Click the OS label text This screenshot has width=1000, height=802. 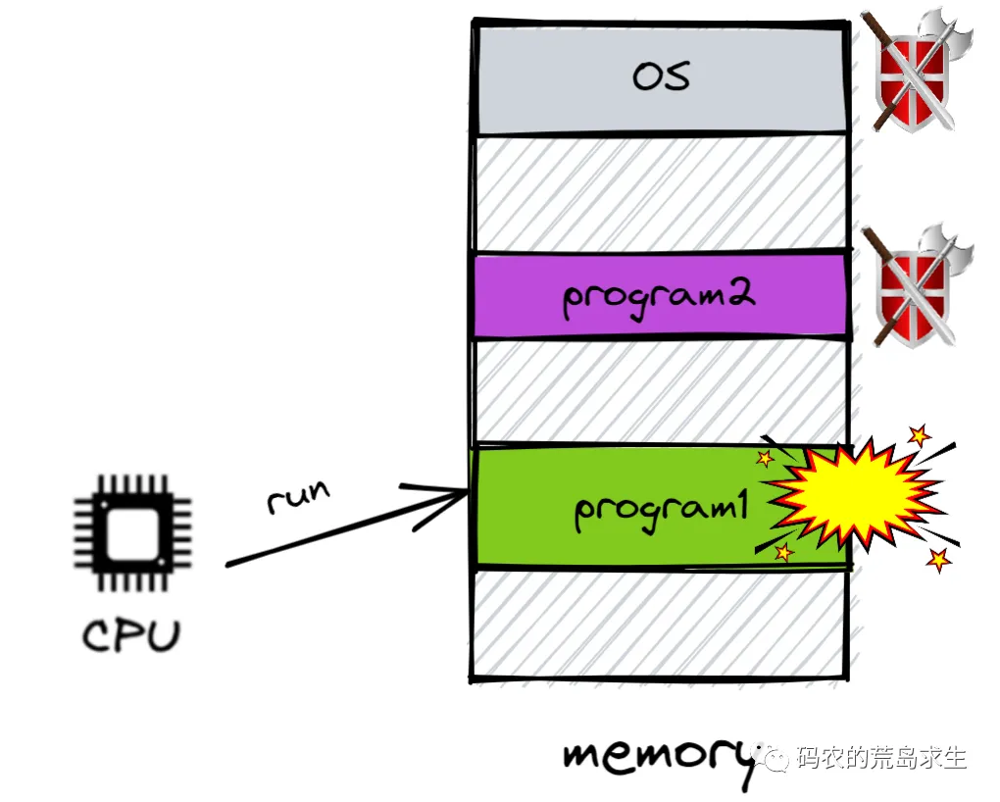click(660, 76)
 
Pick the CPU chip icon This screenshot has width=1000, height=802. click(133, 533)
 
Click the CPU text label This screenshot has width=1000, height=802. click(130, 635)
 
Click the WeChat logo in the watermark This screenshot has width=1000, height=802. click(774, 758)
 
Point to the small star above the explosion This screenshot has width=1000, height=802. click(919, 435)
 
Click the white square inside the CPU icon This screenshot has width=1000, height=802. click(133, 532)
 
